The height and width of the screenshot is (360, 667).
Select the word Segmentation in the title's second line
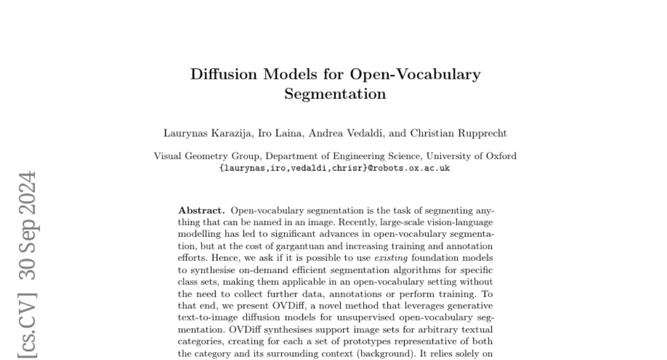pyautogui.click(x=335, y=94)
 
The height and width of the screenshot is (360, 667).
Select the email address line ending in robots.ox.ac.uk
pyautogui.click(x=335, y=168)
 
